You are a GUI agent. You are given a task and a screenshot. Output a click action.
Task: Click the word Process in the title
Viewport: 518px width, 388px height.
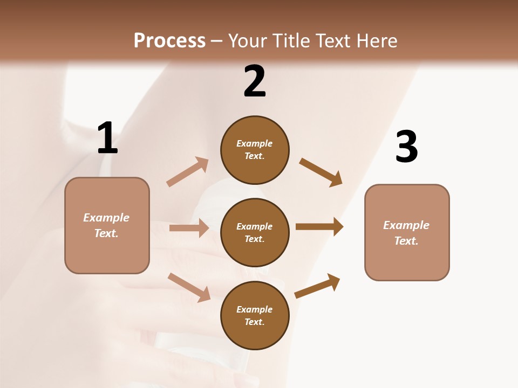coord(169,40)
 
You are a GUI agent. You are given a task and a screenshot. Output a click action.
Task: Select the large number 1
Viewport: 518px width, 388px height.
coord(107,138)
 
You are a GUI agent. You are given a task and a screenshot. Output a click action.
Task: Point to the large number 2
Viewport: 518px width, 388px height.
coord(255,81)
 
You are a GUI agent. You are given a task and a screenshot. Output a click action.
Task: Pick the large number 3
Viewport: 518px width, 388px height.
coord(406,147)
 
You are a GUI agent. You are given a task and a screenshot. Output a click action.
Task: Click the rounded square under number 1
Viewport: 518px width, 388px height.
coord(107,225)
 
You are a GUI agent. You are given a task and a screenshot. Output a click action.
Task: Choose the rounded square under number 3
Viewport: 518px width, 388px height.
coord(407,233)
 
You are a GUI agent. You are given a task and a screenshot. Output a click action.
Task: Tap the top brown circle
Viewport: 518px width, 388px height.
coord(255,150)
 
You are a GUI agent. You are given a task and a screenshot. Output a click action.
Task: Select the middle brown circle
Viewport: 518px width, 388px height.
coord(255,233)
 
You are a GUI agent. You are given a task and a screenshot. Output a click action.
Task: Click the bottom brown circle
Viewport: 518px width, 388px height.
coord(255,316)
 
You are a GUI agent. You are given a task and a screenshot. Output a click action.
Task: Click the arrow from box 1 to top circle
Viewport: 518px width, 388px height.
coord(187,172)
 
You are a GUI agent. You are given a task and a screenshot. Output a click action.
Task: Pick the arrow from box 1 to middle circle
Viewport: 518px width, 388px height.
coord(189,228)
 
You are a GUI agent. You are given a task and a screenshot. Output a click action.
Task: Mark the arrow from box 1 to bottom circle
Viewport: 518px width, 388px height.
coord(189,287)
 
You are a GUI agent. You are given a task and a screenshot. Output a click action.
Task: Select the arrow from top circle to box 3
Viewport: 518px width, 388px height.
coord(321,172)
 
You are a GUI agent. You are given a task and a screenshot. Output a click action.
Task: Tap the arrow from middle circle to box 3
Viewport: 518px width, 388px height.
coord(319,227)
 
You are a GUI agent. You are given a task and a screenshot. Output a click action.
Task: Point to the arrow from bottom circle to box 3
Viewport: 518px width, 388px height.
coord(317,286)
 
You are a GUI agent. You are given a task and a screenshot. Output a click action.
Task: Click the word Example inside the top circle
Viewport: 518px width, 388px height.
coord(255,143)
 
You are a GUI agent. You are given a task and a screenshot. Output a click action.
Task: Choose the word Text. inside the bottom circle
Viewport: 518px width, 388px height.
coord(255,322)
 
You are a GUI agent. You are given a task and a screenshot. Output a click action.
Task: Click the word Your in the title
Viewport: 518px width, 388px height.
coord(247,40)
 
